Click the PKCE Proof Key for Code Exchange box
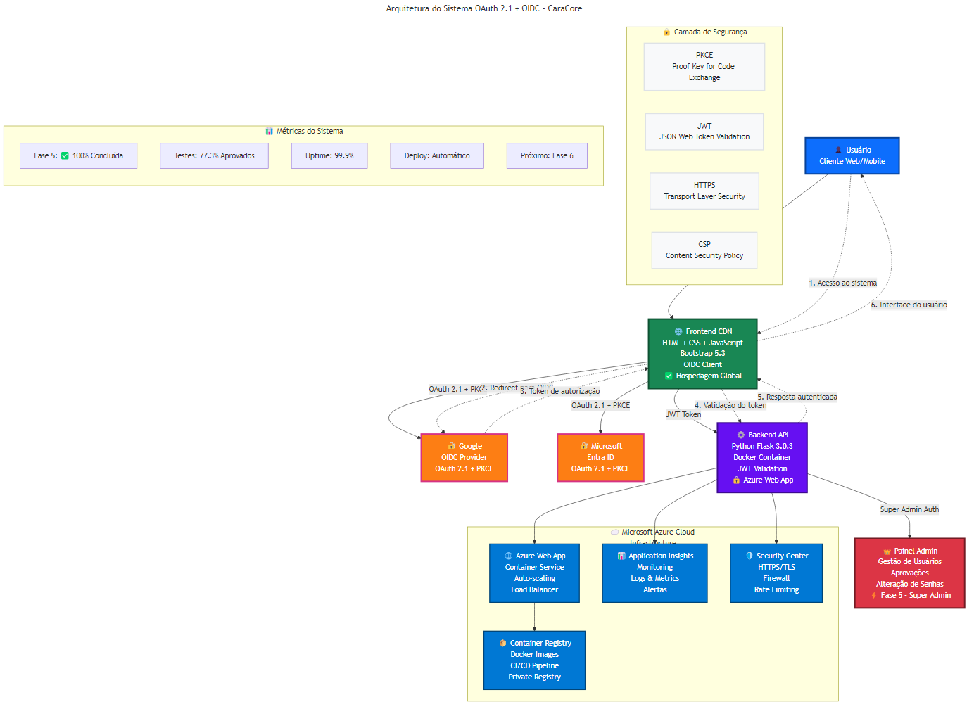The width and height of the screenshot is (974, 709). tap(704, 66)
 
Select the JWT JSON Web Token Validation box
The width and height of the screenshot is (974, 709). tap(704, 132)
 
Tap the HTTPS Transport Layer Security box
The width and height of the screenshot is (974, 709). tap(704, 191)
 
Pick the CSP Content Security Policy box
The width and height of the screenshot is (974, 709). tap(704, 250)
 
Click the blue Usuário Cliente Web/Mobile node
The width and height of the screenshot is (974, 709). tap(852, 155)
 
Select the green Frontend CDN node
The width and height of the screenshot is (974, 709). tap(702, 353)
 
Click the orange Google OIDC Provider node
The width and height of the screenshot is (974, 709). tap(464, 457)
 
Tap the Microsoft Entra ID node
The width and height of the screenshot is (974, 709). tap(600, 457)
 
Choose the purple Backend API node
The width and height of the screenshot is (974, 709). tap(761, 457)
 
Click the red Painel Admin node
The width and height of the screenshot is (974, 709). tap(909, 573)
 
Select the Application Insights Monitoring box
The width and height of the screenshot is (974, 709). tap(654, 573)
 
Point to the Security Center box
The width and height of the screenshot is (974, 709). tap(776, 573)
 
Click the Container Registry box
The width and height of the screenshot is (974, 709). tap(534, 660)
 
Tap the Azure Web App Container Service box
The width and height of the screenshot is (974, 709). tap(534, 573)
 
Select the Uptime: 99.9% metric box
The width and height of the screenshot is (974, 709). tap(329, 155)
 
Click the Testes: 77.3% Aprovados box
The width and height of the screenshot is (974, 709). tap(214, 155)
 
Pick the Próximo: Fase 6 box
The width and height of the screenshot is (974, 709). tap(547, 155)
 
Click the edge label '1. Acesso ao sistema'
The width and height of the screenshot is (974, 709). tap(842, 283)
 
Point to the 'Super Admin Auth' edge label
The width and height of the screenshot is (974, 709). tap(909, 509)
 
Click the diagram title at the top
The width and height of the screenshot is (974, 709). tap(484, 8)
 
